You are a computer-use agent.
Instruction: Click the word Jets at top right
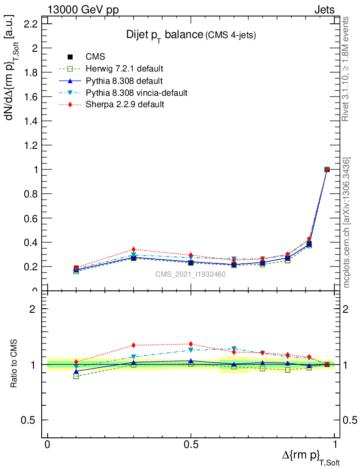(x=324, y=10)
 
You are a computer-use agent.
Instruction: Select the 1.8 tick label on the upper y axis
(x=29, y=72)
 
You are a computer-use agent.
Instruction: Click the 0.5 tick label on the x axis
(x=191, y=445)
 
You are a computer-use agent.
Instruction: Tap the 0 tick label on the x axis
(x=47, y=445)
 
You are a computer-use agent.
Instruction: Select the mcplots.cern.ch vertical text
(x=347, y=223)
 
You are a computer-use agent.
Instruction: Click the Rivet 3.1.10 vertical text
(x=347, y=69)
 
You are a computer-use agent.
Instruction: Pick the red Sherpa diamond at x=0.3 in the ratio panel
(x=133, y=345)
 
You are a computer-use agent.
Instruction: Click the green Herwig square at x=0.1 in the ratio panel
(x=76, y=376)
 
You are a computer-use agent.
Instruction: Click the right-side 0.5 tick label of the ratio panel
(x=349, y=420)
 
